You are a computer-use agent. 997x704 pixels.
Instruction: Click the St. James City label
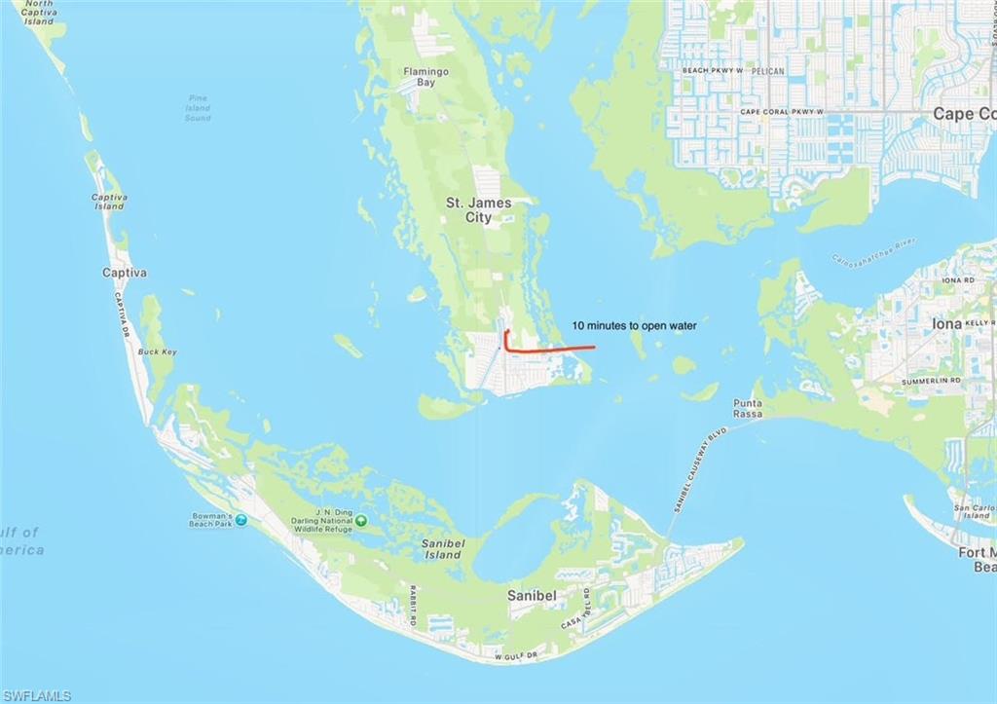point(469,209)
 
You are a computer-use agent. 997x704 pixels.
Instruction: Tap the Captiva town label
point(125,273)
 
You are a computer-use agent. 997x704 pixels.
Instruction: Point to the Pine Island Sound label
point(198,108)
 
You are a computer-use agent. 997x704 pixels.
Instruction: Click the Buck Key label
point(157,352)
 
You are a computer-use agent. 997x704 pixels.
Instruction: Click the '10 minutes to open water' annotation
point(634,326)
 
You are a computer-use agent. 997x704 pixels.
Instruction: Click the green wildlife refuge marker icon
point(361,521)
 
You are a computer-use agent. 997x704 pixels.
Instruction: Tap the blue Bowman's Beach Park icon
point(240,519)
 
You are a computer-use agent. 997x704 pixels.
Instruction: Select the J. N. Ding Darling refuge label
point(320,521)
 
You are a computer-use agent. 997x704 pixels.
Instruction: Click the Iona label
point(947,324)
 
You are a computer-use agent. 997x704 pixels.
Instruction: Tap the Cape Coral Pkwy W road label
point(781,112)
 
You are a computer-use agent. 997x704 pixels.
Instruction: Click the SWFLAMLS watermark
point(36,695)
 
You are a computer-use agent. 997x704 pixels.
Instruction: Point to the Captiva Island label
point(109,202)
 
